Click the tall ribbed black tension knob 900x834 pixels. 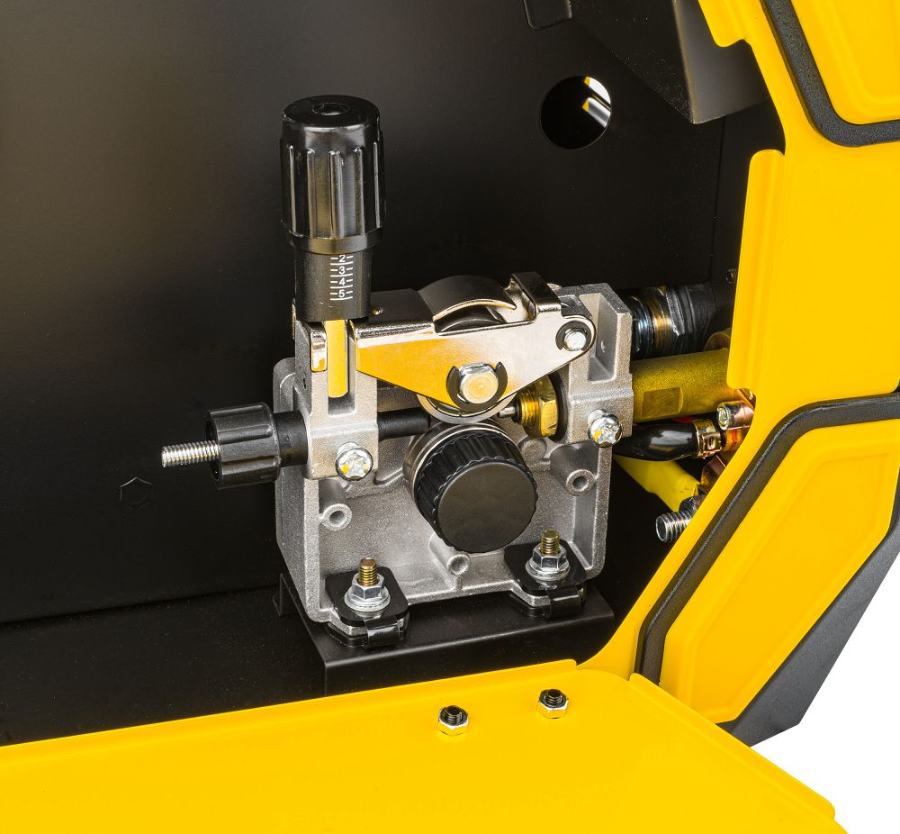pyautogui.click(x=332, y=172)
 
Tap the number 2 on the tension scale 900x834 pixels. pyautogui.click(x=342, y=258)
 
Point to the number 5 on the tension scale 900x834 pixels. pyautogui.click(x=342, y=295)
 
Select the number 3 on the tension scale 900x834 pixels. pyautogui.click(x=342, y=270)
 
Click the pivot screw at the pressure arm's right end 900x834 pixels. pyautogui.click(x=574, y=339)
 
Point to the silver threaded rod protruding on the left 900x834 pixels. pyautogui.click(x=189, y=454)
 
